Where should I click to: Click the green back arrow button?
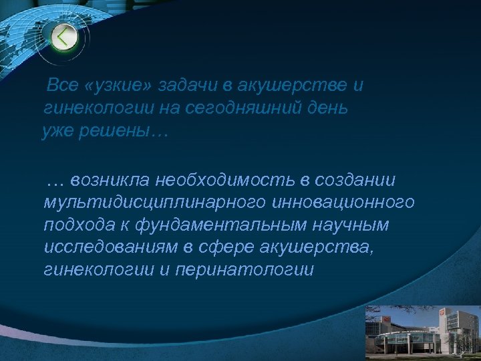tap(63, 37)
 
